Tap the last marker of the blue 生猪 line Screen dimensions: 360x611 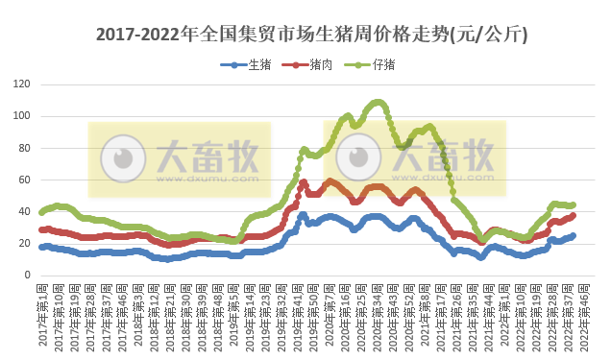[574, 235]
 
